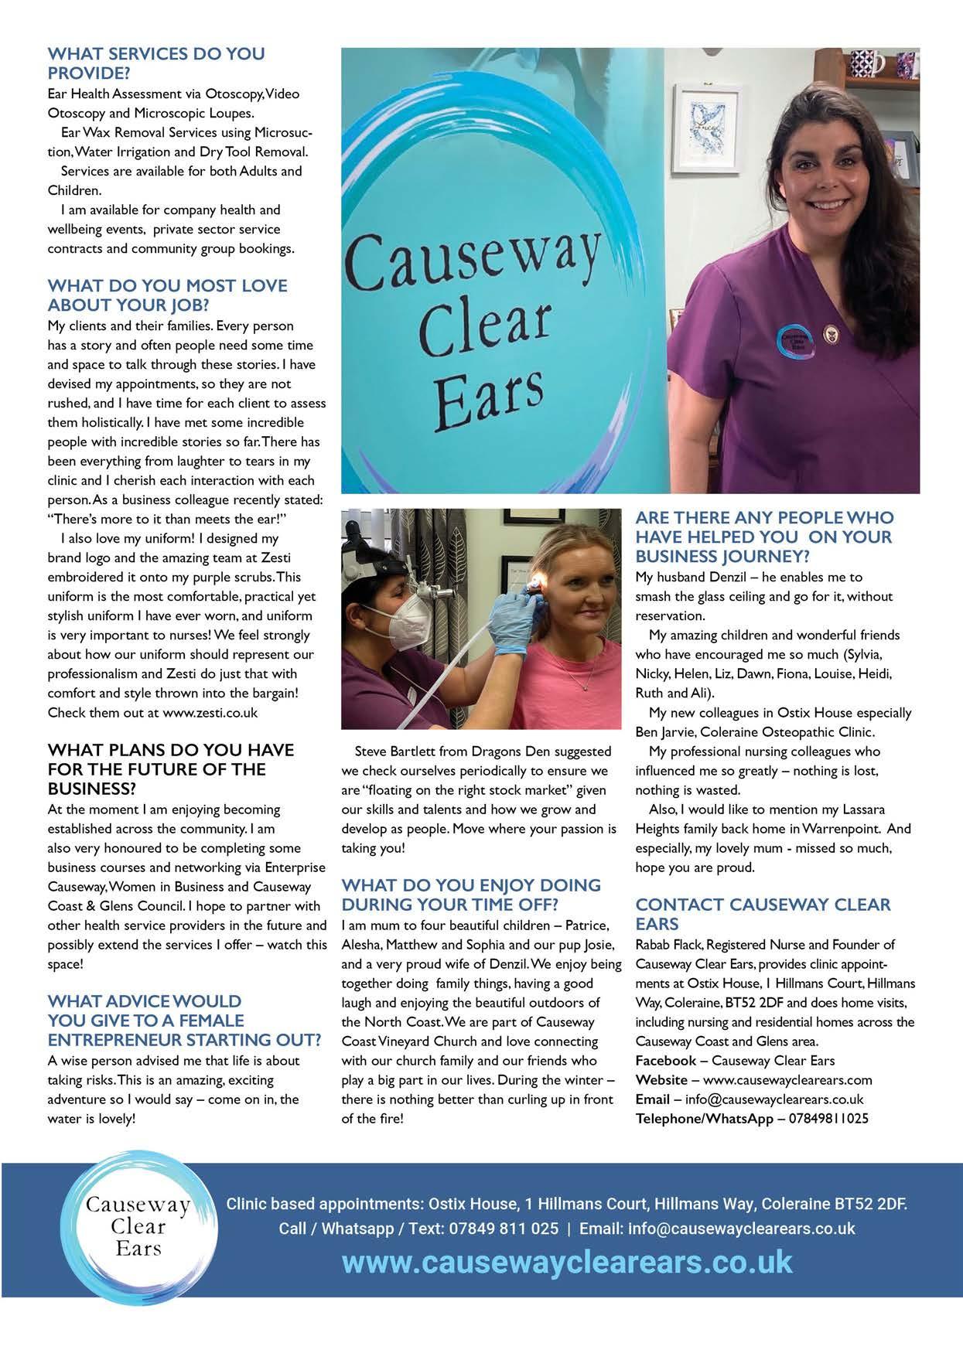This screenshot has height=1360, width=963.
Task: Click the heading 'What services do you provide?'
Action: pyautogui.click(x=155, y=63)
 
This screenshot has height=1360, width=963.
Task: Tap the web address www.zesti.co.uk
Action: pyautogui.click(x=210, y=712)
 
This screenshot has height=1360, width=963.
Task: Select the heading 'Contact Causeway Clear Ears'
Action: pyautogui.click(x=763, y=914)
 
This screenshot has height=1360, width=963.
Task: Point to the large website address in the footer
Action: pyautogui.click(x=567, y=1262)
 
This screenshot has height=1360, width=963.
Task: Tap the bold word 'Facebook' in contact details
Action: pyautogui.click(x=665, y=1060)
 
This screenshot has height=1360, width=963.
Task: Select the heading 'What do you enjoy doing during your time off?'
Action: pyautogui.click(x=471, y=895)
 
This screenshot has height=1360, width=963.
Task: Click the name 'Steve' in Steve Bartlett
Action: pyautogui.click(x=371, y=752)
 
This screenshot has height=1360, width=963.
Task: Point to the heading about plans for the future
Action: pyautogui.click(x=170, y=769)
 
